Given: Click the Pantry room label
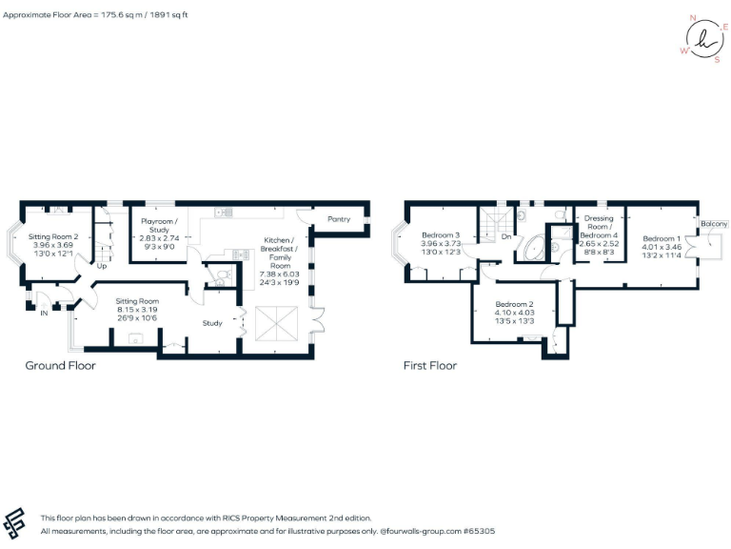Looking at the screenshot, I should [339, 219].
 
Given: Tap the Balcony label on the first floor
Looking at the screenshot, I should [714, 224].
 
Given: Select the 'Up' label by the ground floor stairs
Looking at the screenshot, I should [101, 266].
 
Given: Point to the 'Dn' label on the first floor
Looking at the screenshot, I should [505, 237].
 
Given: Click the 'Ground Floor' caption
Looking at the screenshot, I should [60, 365].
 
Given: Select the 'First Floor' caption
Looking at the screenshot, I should [430, 365].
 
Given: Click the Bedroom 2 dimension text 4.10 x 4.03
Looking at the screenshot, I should [514, 313].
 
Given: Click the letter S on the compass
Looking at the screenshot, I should [717, 58].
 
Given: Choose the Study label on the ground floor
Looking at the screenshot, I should [212, 323].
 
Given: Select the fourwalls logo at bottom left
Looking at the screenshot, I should [17, 524].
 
